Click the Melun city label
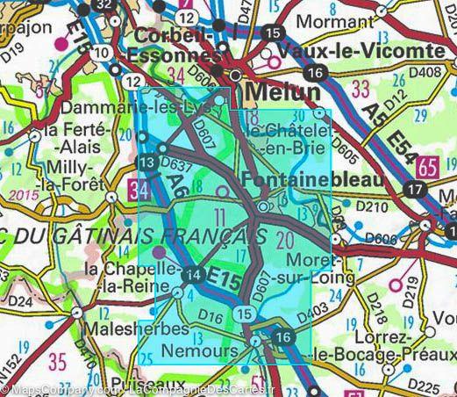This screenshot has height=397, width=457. click(283, 91)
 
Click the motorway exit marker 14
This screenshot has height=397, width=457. click(196, 275)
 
